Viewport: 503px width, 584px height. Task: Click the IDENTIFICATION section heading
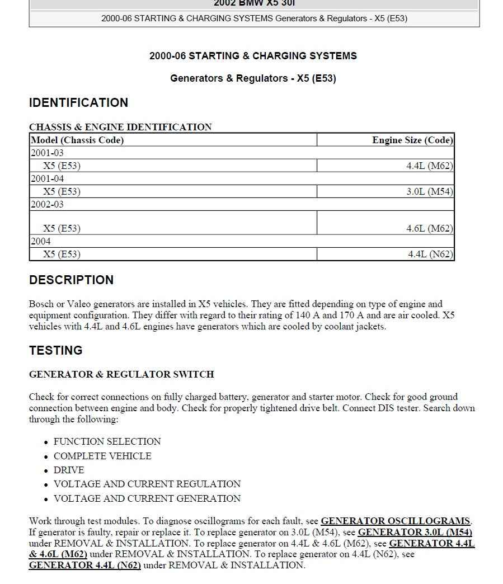[78, 103]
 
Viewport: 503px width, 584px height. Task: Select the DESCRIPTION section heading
[71, 280]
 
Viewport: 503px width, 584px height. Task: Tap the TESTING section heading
[55, 351]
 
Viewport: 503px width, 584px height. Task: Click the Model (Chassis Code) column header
[77, 140]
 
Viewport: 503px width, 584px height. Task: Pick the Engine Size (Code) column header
[412, 140]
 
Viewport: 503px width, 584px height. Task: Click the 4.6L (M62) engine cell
[430, 229]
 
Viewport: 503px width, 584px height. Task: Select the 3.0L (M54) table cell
[430, 192]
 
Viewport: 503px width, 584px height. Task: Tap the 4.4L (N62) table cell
[430, 255]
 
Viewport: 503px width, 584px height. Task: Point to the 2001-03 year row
[47, 153]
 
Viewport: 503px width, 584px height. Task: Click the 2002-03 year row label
[47, 204]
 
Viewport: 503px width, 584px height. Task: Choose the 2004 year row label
[40, 241]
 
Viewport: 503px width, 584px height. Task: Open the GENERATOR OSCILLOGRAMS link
[395, 521]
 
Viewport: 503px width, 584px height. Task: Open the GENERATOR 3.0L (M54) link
[415, 533]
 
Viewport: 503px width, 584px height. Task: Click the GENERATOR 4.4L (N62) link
[84, 566]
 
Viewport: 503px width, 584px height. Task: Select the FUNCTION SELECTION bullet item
[107, 442]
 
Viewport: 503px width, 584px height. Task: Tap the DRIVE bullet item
[69, 470]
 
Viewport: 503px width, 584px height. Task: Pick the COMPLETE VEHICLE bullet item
[102, 456]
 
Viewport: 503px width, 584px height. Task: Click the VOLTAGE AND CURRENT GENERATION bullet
[147, 499]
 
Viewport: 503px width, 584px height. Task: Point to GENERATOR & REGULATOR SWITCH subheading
[121, 375]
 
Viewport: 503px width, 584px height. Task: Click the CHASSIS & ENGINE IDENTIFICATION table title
[120, 127]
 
